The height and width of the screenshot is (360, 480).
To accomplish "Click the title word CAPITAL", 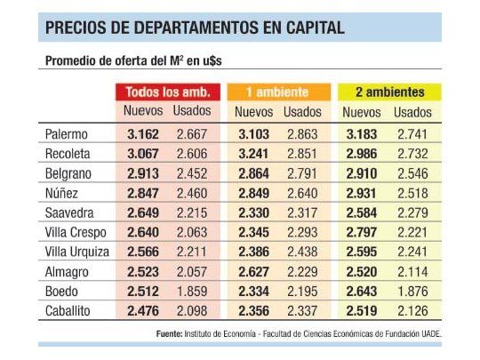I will tap(312, 28).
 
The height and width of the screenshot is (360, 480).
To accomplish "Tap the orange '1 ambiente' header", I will tap(277, 92).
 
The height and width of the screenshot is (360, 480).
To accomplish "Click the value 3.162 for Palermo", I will tap(143, 133).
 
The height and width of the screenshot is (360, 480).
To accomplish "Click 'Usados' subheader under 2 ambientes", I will tap(412, 112).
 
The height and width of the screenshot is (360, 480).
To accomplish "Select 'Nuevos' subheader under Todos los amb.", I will tap(143, 112).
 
